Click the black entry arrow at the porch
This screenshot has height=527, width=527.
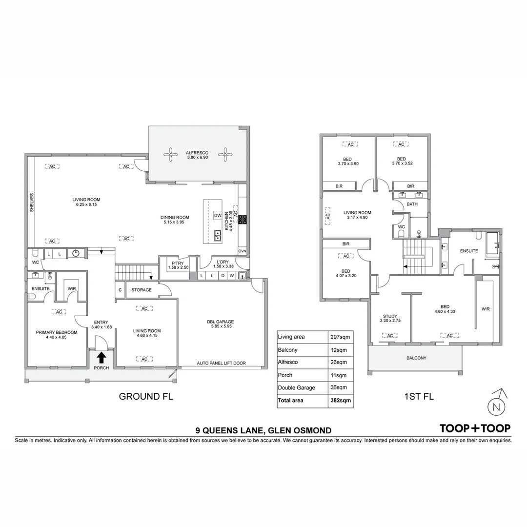pyautogui.click(x=101, y=358)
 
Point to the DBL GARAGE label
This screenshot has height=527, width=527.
pyautogui.click(x=220, y=322)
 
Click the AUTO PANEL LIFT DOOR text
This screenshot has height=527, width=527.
pyautogui.click(x=221, y=364)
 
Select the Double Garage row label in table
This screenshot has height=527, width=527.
pyautogui.click(x=296, y=388)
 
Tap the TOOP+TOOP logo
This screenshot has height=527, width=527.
pyautogui.click(x=475, y=428)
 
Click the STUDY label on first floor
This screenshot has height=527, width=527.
pyautogui.click(x=390, y=316)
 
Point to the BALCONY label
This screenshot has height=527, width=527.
pyautogui.click(x=416, y=358)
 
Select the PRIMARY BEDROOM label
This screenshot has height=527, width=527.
pyautogui.click(x=57, y=332)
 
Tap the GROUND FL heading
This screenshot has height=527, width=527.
pyautogui.click(x=146, y=397)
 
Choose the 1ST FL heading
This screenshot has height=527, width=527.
pyautogui.click(x=419, y=397)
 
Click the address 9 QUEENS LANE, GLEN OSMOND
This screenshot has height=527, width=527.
pyautogui.click(x=263, y=430)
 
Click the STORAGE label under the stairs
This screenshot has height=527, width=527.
pyautogui.click(x=142, y=290)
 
